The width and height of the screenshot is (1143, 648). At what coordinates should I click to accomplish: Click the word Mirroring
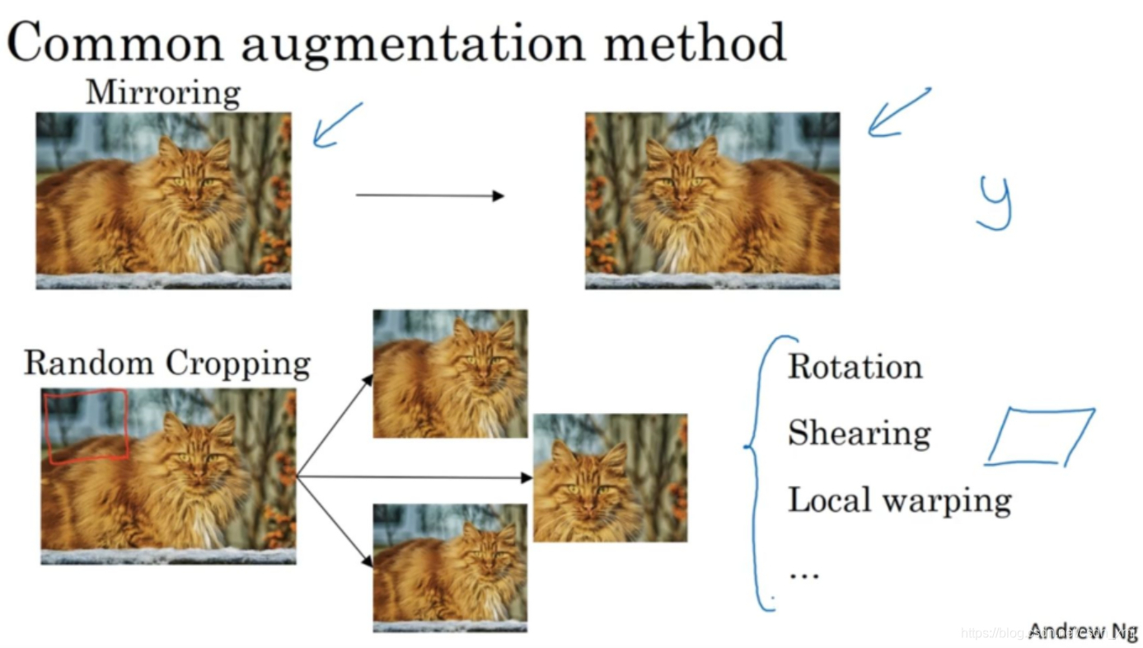162,92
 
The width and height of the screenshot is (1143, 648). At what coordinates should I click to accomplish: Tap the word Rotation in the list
855,367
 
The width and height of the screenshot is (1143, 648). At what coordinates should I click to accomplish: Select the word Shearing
859,433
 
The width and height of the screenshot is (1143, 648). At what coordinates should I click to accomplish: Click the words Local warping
899,500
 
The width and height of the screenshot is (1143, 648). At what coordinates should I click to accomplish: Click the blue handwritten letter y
995,203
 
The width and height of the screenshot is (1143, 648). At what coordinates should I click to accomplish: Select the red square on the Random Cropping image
87,425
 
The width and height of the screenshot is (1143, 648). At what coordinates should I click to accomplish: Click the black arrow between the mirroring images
429,195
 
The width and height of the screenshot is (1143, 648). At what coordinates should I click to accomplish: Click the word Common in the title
115,43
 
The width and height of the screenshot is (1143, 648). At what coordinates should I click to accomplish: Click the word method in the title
694,43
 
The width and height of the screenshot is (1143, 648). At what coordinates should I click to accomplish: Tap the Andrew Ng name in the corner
1082,632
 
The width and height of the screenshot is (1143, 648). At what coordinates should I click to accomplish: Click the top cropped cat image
450,373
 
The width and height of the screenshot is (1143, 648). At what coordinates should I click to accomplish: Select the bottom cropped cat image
450,567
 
